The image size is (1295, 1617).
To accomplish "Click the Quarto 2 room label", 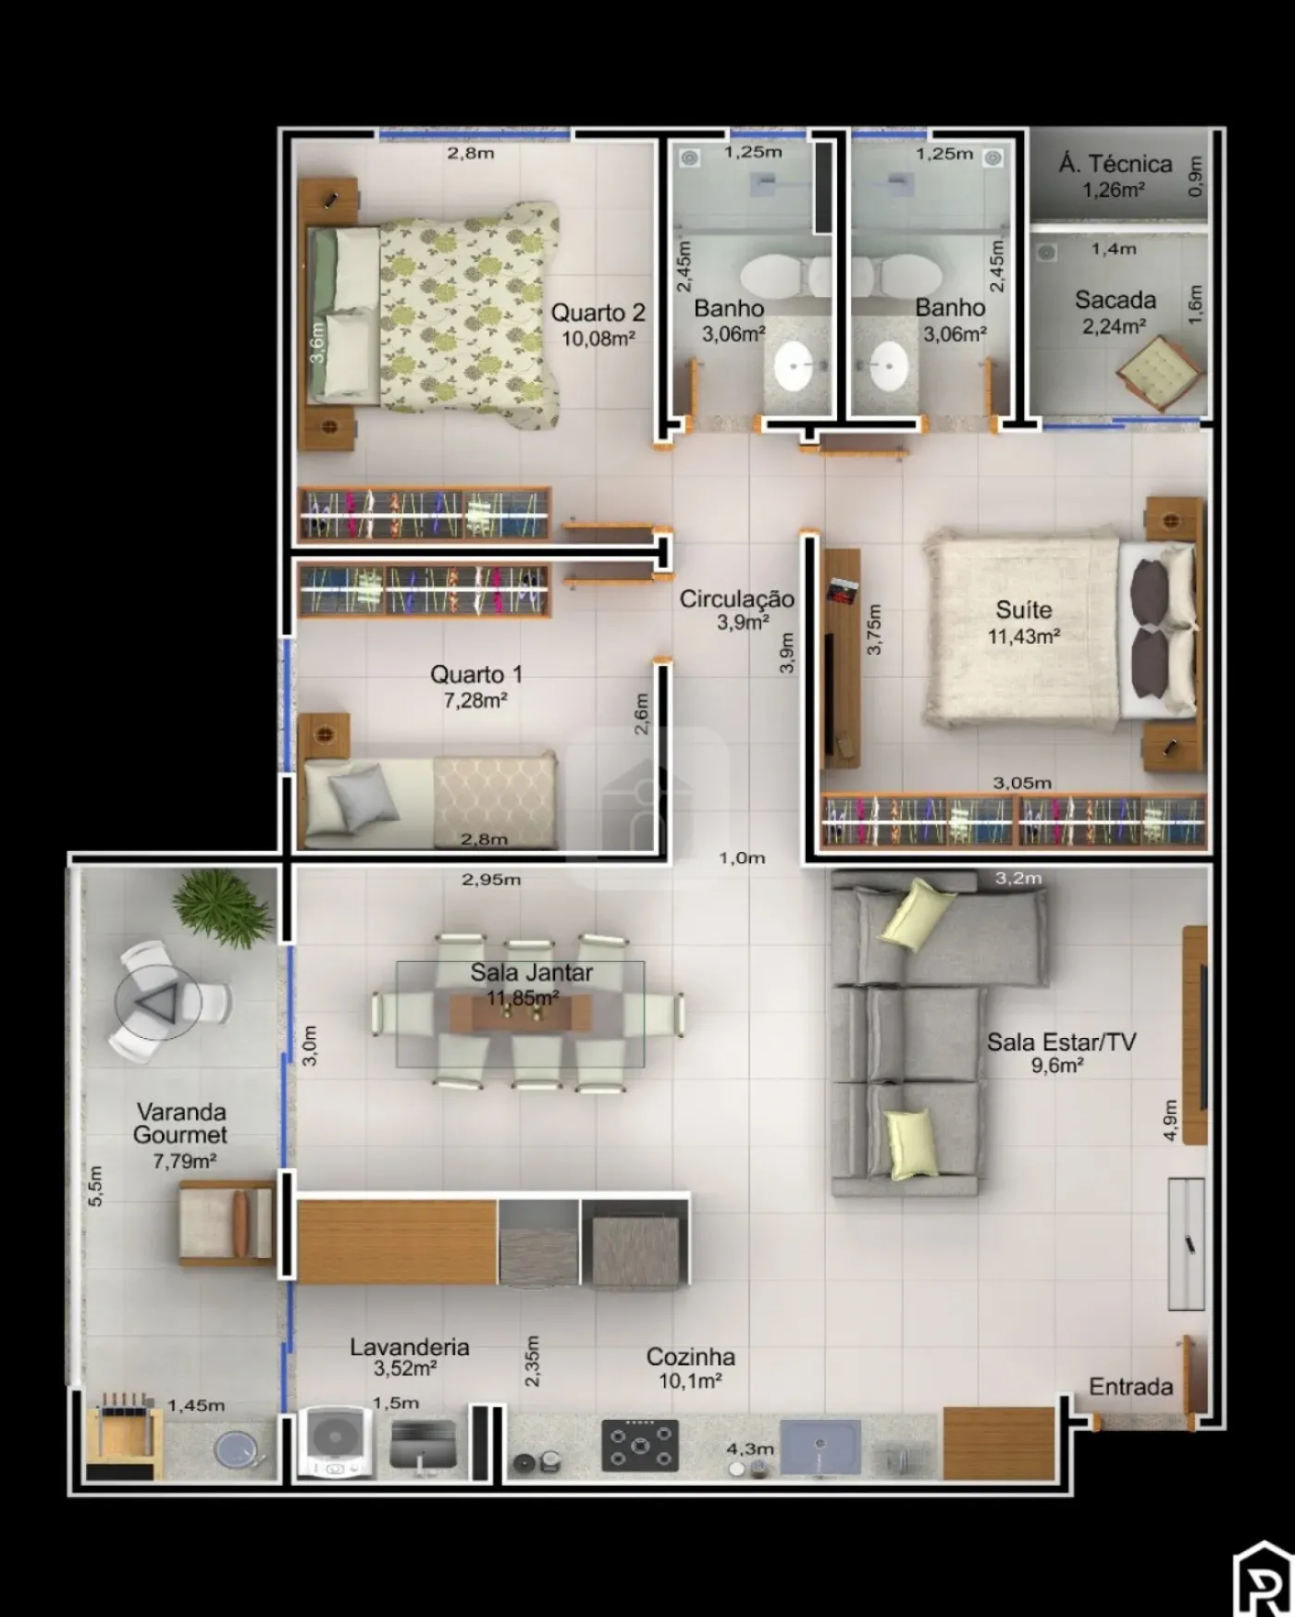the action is (598, 313).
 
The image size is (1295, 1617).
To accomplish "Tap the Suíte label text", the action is (1023, 610).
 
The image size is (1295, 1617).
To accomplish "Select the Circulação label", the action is (736, 599).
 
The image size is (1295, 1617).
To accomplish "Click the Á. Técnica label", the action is (1116, 164).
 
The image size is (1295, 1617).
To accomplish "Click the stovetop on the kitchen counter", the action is (639, 1445).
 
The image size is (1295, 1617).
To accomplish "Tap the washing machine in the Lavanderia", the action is (336, 1441).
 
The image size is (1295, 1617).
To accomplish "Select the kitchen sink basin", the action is (820, 1446).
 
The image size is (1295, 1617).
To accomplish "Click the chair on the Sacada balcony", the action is (1160, 373).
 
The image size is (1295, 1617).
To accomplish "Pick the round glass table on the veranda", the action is (155, 1001).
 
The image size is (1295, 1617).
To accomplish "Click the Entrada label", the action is (1130, 1387).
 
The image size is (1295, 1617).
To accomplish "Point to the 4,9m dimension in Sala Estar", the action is (1170, 1120).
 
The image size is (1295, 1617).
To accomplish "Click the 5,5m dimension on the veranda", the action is (95, 1185).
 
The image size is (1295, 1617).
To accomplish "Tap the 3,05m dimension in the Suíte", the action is (1022, 783).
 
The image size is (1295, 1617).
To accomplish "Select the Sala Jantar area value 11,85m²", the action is (523, 997).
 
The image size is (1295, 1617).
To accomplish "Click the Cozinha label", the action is (691, 1357).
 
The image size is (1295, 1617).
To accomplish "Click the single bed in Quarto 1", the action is (431, 798).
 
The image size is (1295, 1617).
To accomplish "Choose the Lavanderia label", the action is (409, 1347).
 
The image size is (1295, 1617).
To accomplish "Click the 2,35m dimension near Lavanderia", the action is (532, 1360).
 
